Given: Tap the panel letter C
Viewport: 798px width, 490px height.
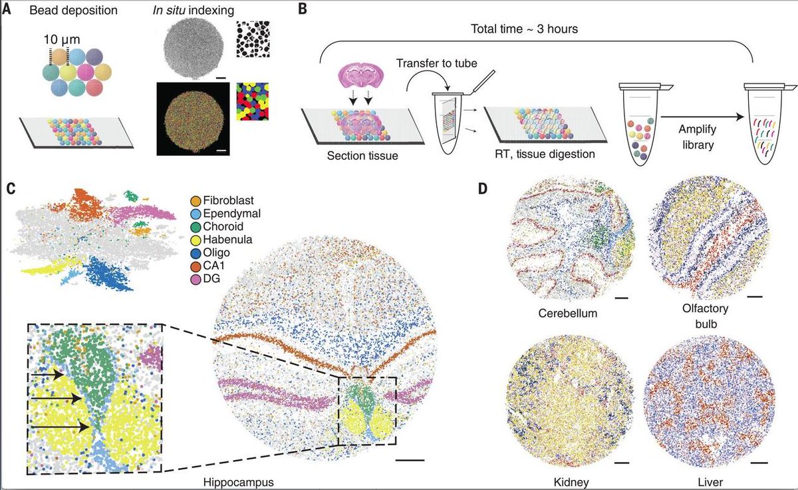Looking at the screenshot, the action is [9, 188].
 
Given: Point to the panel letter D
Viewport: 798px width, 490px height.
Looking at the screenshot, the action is [483, 188].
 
